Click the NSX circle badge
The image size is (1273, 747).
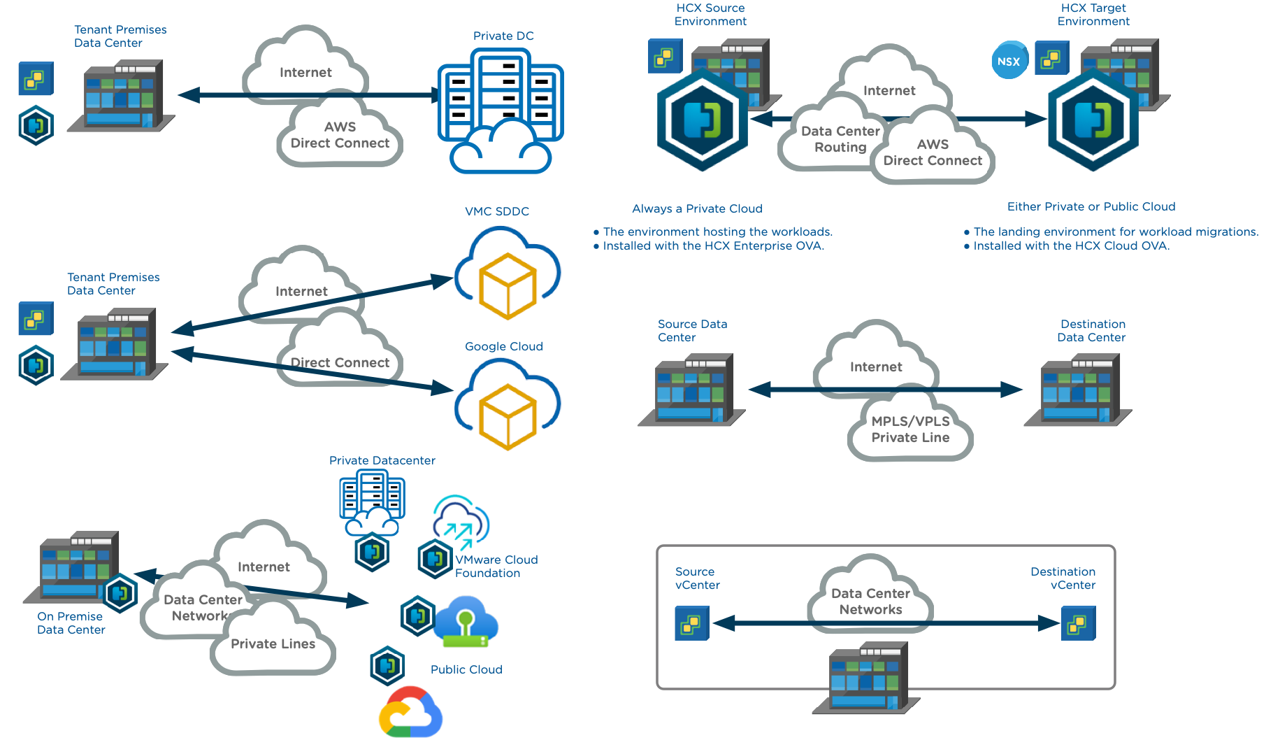1009,61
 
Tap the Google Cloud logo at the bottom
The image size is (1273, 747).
410,713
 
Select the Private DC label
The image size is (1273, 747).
503,36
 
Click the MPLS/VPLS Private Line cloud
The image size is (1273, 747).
910,429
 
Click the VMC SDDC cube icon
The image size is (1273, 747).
508,285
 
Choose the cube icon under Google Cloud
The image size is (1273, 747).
508,417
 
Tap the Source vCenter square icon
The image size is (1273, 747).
691,623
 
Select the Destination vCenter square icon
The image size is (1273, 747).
1078,623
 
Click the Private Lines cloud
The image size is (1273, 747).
273,643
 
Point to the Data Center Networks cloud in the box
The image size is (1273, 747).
870,601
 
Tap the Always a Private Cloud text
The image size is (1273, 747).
697,208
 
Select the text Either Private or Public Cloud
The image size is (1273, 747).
1091,206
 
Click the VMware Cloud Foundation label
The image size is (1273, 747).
496,567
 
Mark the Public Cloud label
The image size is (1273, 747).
466,669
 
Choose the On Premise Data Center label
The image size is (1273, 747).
71,623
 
